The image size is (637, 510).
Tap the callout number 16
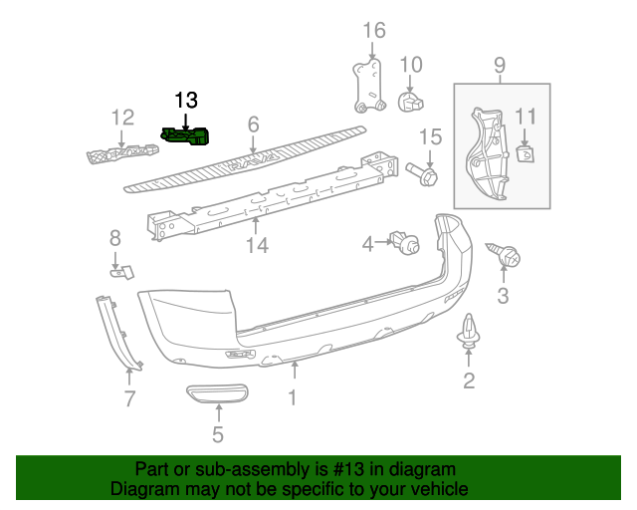point(373,31)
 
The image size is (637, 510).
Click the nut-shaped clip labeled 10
point(409,101)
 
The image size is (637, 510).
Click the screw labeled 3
point(507,257)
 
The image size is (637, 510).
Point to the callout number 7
point(128,400)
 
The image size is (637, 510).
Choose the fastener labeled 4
point(404,242)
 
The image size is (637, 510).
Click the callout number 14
point(257,244)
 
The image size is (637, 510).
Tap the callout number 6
point(253,125)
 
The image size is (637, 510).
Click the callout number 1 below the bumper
point(293,399)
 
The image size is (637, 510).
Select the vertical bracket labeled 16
point(367,84)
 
